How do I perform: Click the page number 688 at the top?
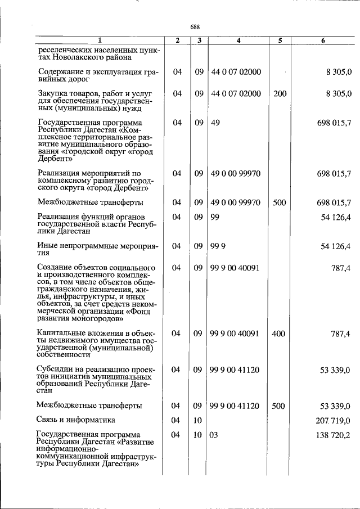[x=195, y=27]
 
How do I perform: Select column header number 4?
[x=238, y=40]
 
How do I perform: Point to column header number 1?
[x=100, y=40]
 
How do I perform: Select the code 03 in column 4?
[x=214, y=435]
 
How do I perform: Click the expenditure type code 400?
[x=278, y=334]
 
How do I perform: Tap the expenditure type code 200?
[x=280, y=93]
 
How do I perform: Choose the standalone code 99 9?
[x=218, y=246]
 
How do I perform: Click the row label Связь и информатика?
[x=76, y=420]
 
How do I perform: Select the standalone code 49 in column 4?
[x=215, y=122]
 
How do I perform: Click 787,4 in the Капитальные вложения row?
[x=340, y=334]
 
